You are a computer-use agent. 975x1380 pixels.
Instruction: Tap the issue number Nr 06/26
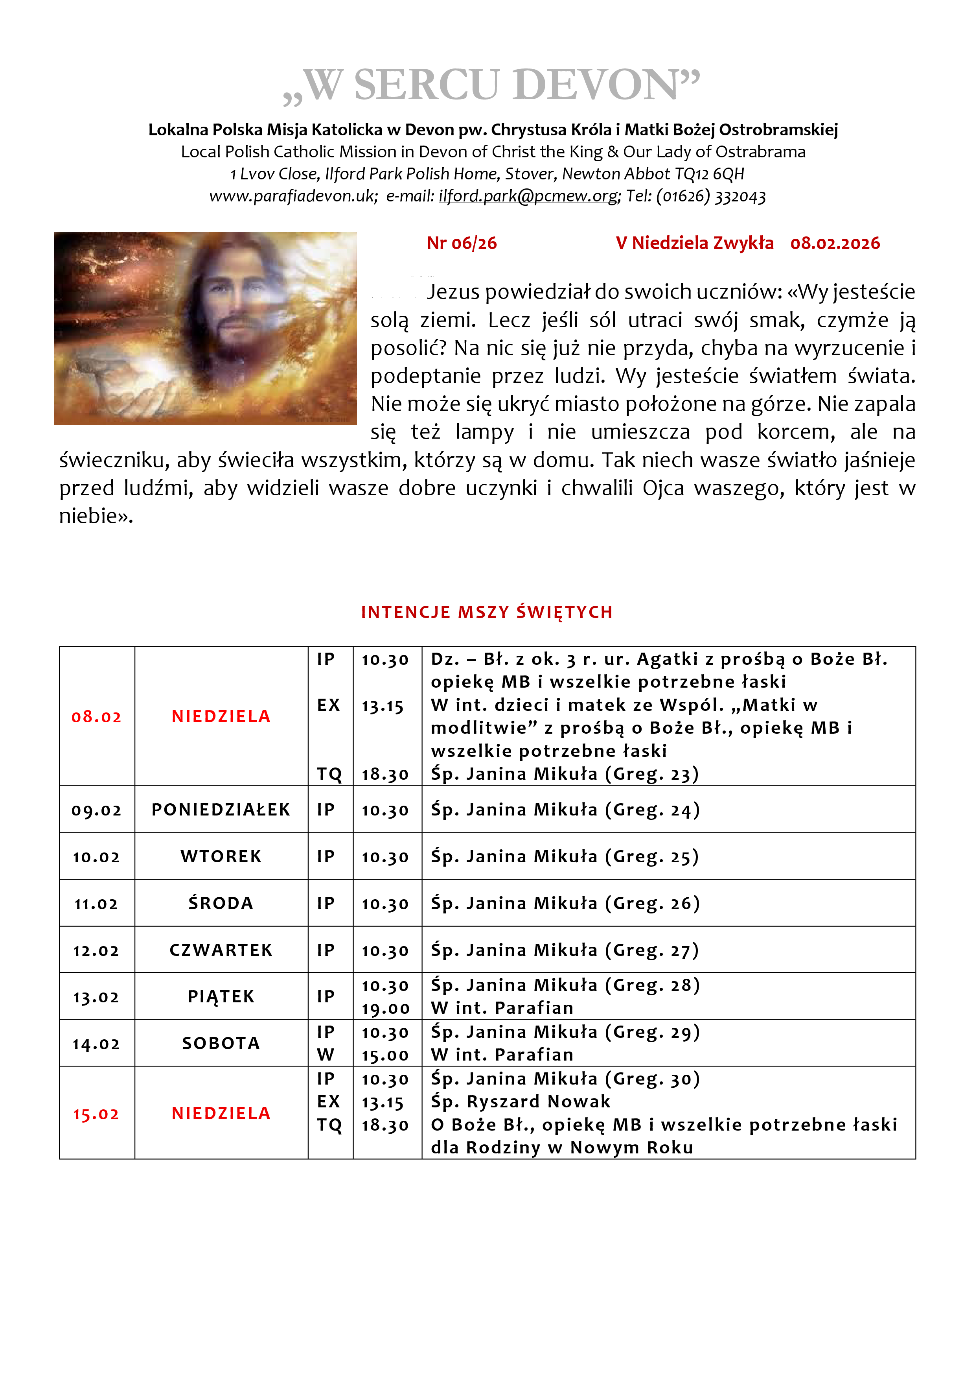pyautogui.click(x=462, y=244)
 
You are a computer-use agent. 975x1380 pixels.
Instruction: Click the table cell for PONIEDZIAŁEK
pyautogui.click(x=221, y=810)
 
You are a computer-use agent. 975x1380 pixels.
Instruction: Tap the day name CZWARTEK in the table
pyautogui.click(x=221, y=950)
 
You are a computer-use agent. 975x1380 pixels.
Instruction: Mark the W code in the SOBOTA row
pyautogui.click(x=325, y=1055)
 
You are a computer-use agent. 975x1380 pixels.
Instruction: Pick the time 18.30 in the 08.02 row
pyautogui.click(x=385, y=774)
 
